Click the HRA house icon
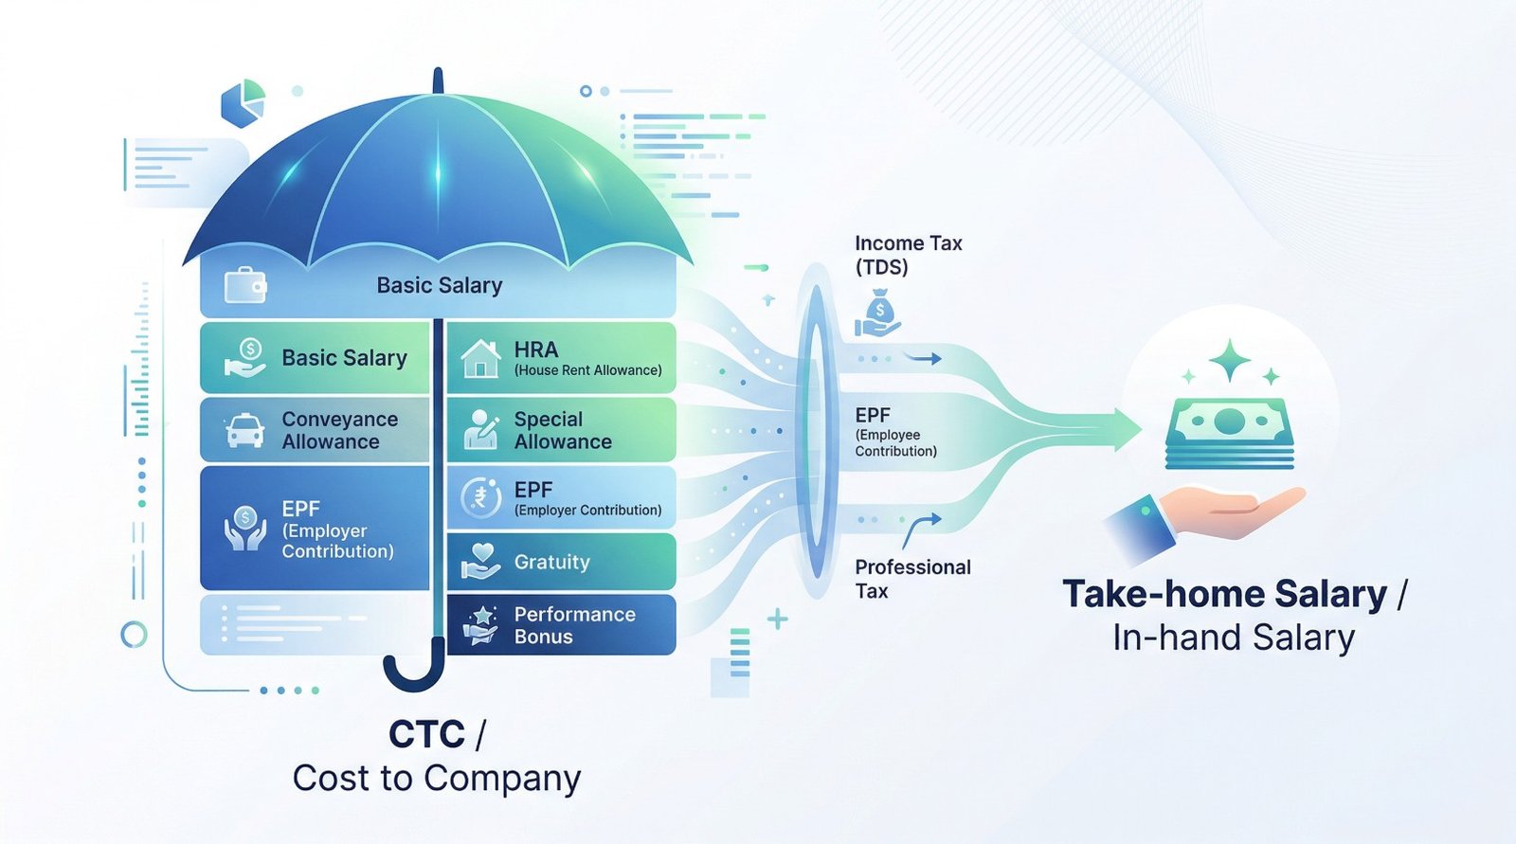click(480, 359)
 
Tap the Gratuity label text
click(551, 562)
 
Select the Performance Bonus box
click(561, 625)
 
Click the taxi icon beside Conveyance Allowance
click(244, 431)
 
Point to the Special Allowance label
click(563, 430)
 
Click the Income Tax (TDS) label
click(908, 255)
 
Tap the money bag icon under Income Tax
click(878, 314)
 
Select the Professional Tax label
click(912, 579)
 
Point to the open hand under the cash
click(1232, 512)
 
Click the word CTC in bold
click(427, 734)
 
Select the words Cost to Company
click(437, 779)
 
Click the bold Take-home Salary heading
click(1225, 594)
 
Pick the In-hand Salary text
click(1234, 637)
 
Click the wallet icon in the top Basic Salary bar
click(244, 285)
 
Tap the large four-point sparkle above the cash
click(1230, 360)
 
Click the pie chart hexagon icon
click(243, 103)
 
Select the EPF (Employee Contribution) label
click(895, 432)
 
